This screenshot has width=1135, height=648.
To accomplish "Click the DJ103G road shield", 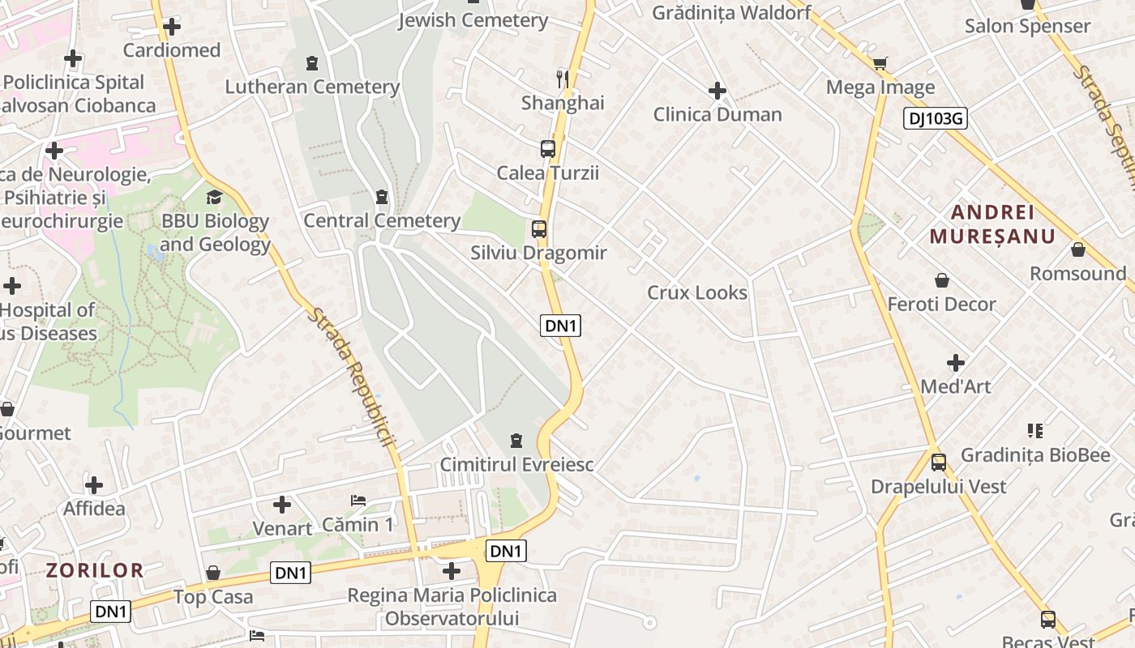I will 936,119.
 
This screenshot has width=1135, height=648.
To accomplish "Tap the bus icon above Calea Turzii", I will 548,149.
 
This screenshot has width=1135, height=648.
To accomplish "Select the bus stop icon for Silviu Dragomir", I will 539,229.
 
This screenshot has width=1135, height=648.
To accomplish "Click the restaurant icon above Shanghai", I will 563,79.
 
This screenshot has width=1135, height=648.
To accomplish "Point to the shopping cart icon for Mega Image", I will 880,63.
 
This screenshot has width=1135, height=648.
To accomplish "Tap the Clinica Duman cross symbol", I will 717,91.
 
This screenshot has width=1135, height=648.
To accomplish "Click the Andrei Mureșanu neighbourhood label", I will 992,224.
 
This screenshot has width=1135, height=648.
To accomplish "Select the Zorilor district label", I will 95,570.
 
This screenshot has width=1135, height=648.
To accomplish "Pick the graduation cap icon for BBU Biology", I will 214,197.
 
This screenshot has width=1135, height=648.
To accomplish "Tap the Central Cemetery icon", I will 382,197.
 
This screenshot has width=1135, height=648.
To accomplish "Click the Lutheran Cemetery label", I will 312,87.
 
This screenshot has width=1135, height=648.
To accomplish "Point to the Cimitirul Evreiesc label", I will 516,465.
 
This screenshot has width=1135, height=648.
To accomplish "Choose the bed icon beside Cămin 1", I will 358,501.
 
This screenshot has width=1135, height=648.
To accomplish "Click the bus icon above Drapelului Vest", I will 939,463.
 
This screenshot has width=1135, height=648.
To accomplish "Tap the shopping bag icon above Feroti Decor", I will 942,280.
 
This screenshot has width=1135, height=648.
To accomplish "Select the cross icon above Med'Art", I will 956,362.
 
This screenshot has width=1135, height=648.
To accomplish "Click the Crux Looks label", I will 697,292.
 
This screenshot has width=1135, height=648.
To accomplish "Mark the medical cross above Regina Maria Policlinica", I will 452,571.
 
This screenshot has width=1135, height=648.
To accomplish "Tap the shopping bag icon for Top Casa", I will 213,573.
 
